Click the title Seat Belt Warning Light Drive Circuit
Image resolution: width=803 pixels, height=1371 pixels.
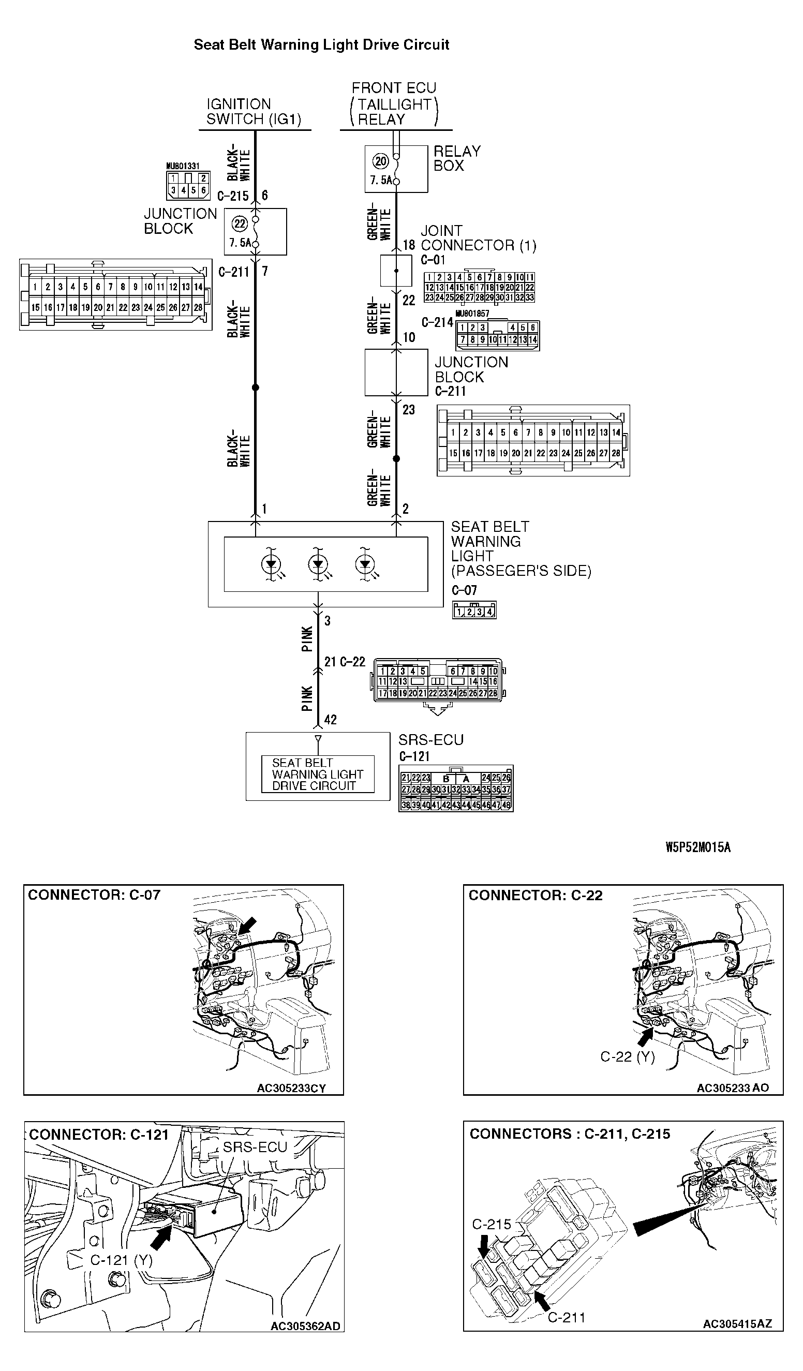321,44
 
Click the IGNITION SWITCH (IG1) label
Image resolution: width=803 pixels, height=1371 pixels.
254,112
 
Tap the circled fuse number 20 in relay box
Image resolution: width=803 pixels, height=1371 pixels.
381,161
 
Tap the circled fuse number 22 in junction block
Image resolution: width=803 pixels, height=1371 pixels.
240,223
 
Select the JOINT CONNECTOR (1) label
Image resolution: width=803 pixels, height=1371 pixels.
478,239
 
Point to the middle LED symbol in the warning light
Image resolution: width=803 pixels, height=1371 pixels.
318,564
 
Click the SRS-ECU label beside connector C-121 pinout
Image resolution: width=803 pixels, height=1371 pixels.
430,740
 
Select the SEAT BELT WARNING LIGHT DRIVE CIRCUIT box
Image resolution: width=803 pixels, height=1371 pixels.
318,773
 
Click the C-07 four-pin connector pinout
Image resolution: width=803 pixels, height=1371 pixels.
474,611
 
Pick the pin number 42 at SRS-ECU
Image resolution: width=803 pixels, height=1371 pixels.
330,720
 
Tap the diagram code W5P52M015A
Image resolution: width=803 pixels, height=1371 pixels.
698,847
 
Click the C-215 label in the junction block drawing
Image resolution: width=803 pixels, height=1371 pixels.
491,1224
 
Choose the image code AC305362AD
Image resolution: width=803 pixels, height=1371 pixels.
305,1327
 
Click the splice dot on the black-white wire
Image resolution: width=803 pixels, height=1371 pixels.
255,388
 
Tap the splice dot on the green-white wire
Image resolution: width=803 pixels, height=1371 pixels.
396,458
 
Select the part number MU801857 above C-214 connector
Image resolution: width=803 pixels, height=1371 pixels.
472,314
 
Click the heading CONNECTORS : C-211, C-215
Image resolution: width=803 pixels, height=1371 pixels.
570,1134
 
